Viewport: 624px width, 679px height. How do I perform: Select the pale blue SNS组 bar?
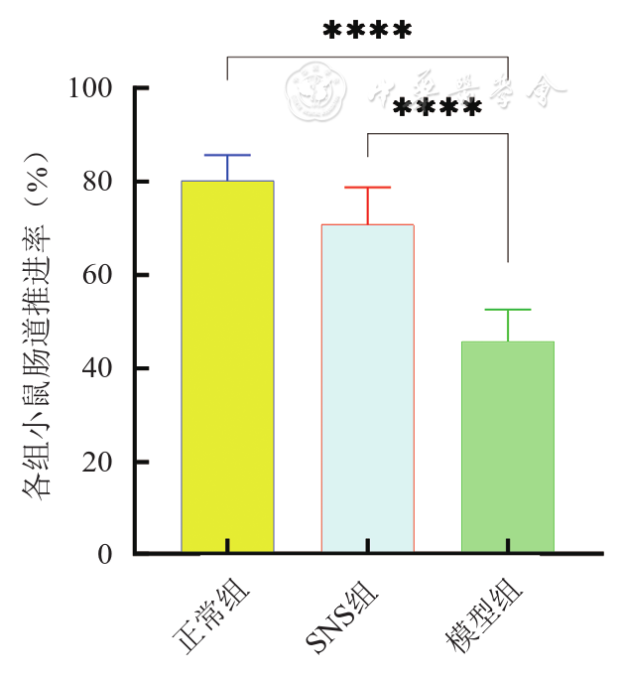(367, 387)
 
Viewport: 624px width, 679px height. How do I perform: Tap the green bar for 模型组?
(507, 446)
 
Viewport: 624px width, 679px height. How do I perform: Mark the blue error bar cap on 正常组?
(227, 156)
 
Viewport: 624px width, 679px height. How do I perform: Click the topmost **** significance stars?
(367, 31)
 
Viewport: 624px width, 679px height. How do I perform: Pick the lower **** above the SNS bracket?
(437, 107)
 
